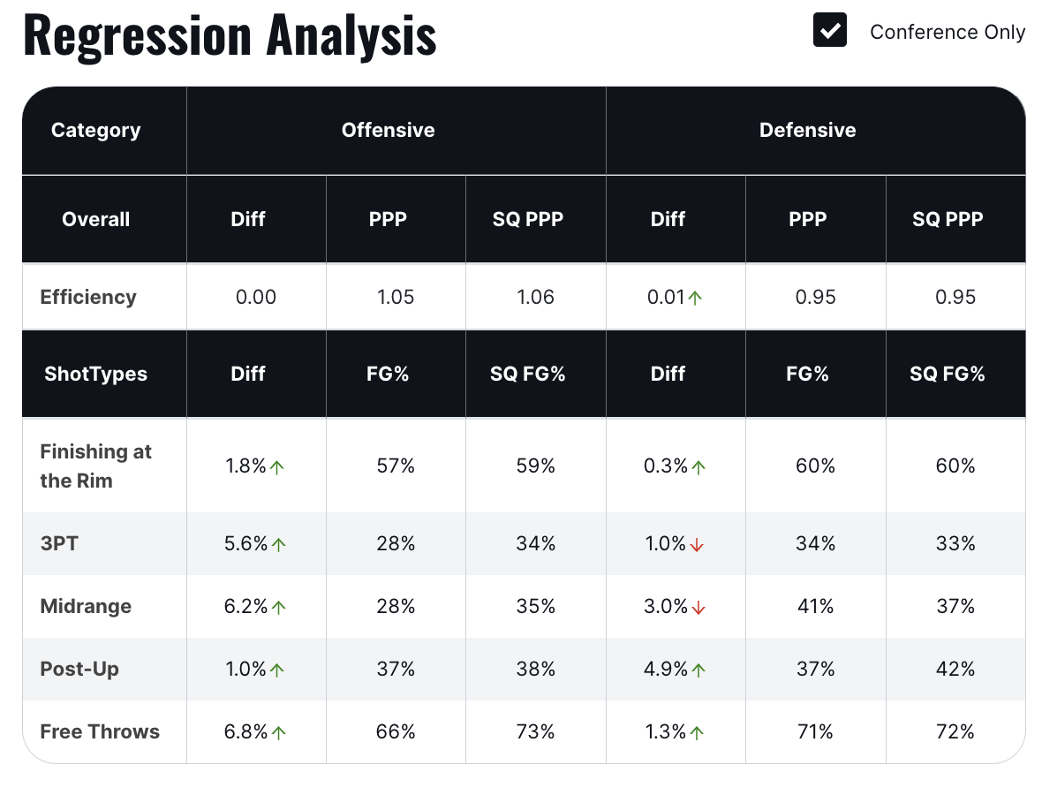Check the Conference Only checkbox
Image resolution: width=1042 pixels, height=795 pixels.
[x=830, y=31]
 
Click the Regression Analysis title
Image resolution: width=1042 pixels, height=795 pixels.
[x=230, y=35]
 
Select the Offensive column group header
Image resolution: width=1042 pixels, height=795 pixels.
[x=388, y=130]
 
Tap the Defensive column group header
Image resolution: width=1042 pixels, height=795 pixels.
[x=807, y=130]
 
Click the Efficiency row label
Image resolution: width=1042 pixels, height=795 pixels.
[x=88, y=297]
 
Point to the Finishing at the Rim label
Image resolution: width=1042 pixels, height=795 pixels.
[x=95, y=466]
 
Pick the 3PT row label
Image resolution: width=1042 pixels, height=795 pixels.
[x=59, y=543]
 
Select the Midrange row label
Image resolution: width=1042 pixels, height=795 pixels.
[x=86, y=606]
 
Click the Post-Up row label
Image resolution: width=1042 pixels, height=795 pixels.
[x=79, y=669]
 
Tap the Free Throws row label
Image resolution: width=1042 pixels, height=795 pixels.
[x=100, y=731]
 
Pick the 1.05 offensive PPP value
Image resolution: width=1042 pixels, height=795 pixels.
[x=396, y=297]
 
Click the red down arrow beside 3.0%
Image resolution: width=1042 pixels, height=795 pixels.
[x=698, y=608]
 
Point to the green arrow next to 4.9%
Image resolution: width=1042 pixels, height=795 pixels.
[x=698, y=670]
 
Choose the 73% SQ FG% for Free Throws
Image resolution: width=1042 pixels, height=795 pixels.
[x=536, y=732]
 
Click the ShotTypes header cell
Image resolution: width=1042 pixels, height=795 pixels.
[x=95, y=374]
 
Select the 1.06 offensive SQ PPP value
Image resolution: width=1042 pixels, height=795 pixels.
[x=536, y=297]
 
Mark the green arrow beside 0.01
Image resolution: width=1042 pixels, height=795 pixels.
[x=695, y=299]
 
